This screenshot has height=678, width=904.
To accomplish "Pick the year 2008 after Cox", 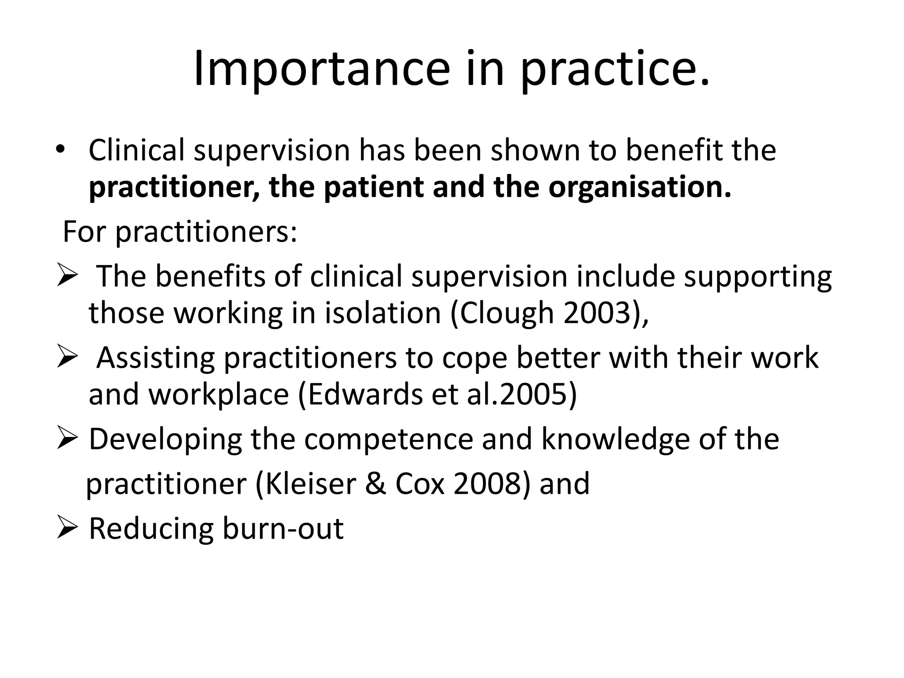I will pos(488,484).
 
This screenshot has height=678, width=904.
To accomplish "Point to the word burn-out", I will pos(283,528).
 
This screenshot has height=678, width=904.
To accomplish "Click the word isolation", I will pos(383,313).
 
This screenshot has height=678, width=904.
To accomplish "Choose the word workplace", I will pos(219,394).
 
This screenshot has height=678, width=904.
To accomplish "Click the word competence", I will pos(388,439).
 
